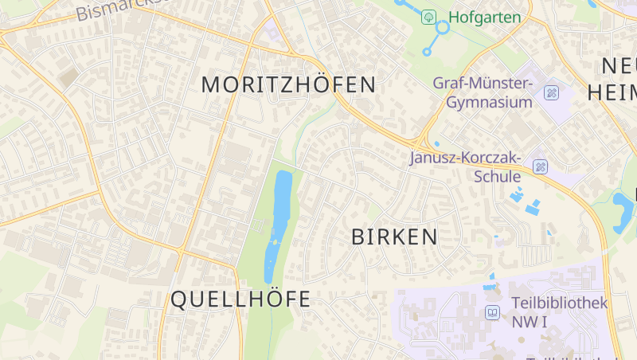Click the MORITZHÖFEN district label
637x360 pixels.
pyautogui.click(x=288, y=84)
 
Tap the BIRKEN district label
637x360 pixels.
pyautogui.click(x=394, y=237)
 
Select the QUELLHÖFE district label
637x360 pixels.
pyautogui.click(x=240, y=299)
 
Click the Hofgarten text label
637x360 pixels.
pyautogui.click(x=484, y=17)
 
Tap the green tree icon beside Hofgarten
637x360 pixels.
pyautogui.click(x=428, y=17)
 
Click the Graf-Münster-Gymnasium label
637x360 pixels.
pyautogui.click(x=483, y=92)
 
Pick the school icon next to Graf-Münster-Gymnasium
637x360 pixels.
pyautogui.click(x=551, y=92)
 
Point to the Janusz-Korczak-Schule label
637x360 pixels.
pyautogui.click(x=465, y=166)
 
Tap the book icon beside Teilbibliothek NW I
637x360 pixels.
pyautogui.click(x=493, y=312)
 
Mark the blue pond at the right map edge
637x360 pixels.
pyautogui.click(x=623, y=211)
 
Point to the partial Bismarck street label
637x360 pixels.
pyautogui.click(x=119, y=9)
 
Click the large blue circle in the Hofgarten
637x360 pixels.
pyautogui.click(x=443, y=26)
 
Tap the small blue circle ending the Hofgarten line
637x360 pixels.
pyautogui.click(x=427, y=52)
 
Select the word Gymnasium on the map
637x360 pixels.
pyautogui.click(x=489, y=102)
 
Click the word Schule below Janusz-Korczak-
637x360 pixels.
pyautogui.click(x=498, y=176)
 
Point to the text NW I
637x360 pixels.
pyautogui.click(x=530, y=322)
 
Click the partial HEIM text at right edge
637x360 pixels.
pyautogui.click(x=612, y=92)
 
